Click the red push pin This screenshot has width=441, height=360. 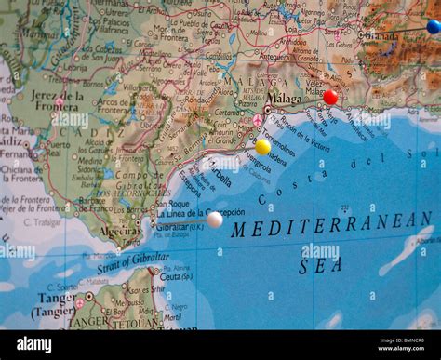tap(330, 97)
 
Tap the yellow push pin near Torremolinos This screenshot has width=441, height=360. tap(263, 147)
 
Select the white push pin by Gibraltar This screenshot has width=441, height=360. tap(214, 220)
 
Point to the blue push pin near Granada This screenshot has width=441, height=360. tap(434, 27)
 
